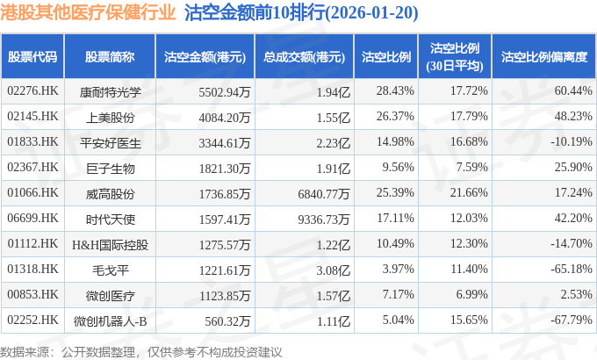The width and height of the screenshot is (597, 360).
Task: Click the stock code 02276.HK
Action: (x=32, y=90)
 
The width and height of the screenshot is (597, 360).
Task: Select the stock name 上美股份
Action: (x=111, y=116)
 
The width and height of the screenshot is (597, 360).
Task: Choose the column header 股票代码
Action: (x=32, y=57)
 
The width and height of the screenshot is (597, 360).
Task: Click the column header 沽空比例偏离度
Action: (x=543, y=57)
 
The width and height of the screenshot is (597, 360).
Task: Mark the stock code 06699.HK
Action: (x=32, y=216)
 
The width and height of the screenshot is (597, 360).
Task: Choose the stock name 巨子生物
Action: (x=111, y=166)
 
